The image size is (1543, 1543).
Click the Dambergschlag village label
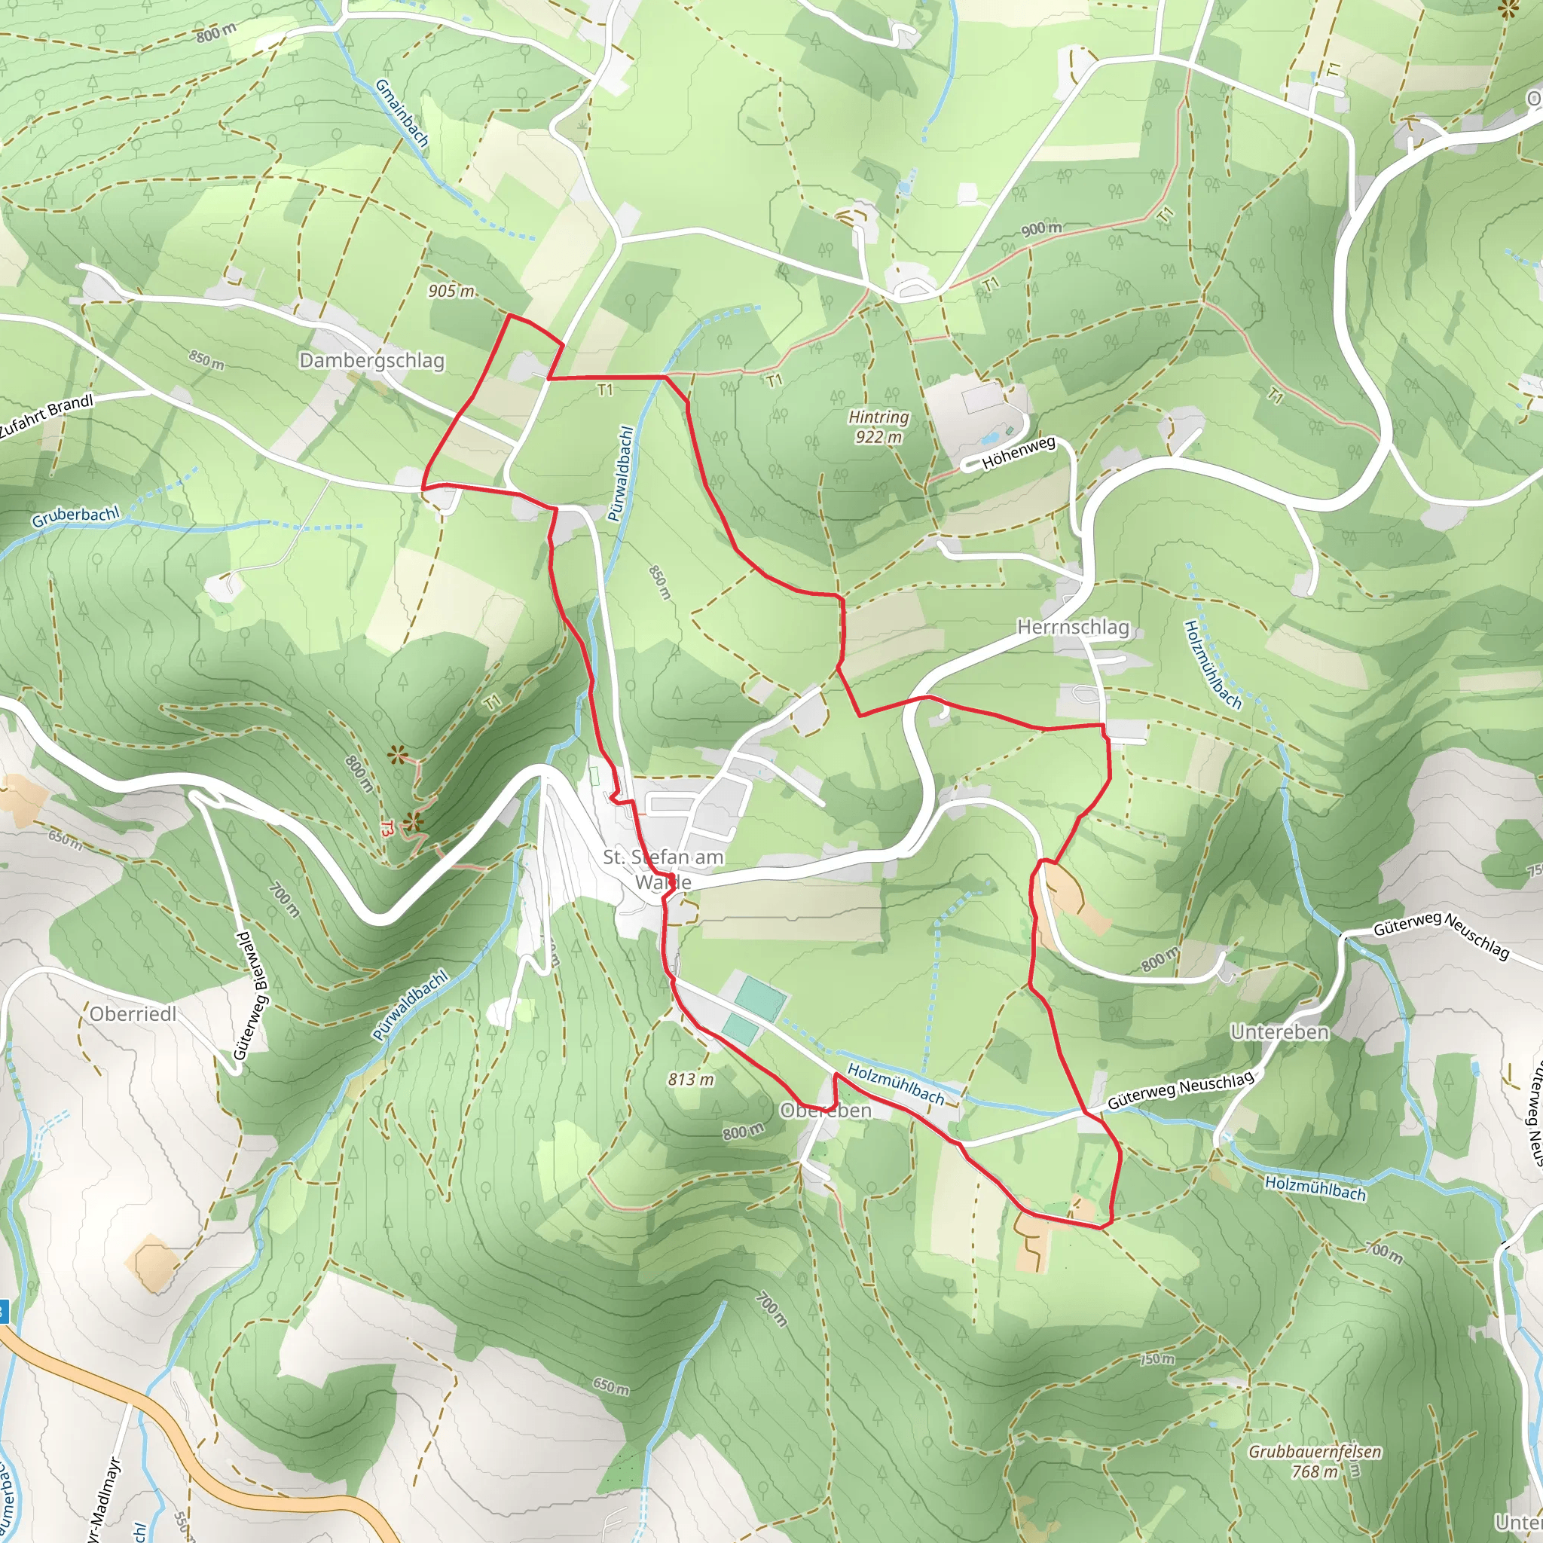(371, 360)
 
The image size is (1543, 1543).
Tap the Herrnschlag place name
(1073, 627)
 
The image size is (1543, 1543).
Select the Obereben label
(825, 1111)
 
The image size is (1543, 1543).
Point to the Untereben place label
(1279, 1032)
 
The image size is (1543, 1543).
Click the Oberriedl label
(133, 1013)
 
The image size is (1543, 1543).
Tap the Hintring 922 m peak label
(878, 426)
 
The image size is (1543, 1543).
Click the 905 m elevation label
(451, 291)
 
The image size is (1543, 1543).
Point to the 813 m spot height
(691, 1079)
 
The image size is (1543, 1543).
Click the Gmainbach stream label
(402, 112)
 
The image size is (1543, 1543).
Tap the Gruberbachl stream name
(76, 516)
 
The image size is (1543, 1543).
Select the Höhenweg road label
(1019, 452)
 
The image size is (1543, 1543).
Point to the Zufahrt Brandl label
(46, 416)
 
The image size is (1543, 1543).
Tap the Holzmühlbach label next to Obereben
(895, 1083)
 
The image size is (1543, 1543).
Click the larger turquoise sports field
(760, 998)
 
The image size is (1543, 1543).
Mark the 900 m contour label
(1041, 229)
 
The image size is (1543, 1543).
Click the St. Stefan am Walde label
(663, 869)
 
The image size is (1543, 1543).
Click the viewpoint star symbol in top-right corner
(1508, 10)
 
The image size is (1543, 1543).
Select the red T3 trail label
(386, 828)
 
